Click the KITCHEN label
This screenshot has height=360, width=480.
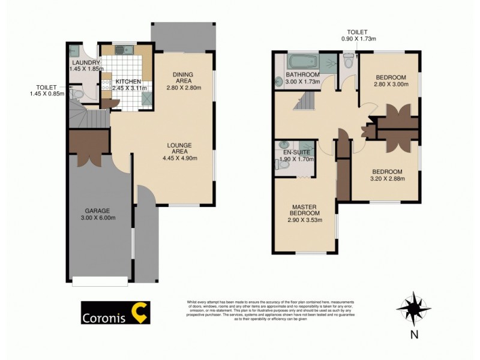point(128,82)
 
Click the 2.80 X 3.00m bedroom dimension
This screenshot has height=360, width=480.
point(391,85)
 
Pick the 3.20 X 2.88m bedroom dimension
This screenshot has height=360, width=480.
point(386,178)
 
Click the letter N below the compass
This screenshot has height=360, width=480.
point(413,335)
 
